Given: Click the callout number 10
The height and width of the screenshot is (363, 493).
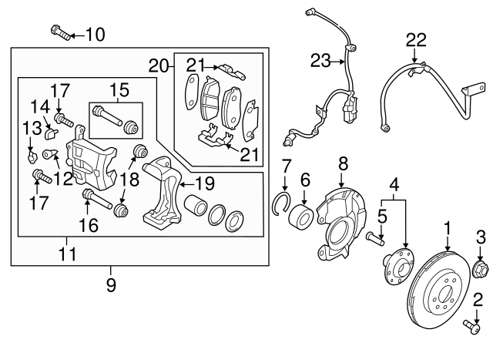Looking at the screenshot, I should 96,34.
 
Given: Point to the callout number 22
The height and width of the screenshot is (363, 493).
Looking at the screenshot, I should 415,39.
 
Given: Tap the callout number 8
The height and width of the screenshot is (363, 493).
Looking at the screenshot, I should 344,163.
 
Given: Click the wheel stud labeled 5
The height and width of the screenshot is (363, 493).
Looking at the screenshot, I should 375,236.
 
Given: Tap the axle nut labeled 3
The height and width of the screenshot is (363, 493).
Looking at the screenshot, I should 478,267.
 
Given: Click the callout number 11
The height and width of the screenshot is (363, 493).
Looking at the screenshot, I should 68,251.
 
